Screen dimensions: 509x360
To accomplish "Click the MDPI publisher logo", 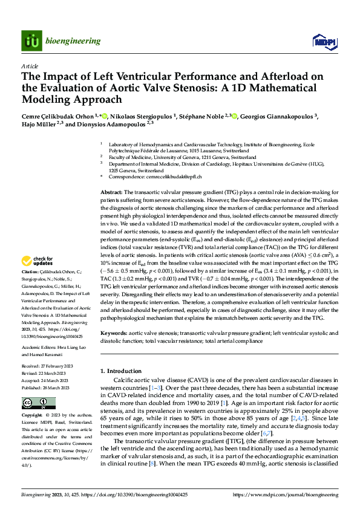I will point(321,41).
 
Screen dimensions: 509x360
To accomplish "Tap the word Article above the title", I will point(30,66).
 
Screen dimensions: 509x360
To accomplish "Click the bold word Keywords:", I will point(113,333).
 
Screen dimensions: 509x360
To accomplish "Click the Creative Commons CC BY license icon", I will point(38,403).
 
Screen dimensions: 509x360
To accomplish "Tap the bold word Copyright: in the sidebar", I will point(33,416).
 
